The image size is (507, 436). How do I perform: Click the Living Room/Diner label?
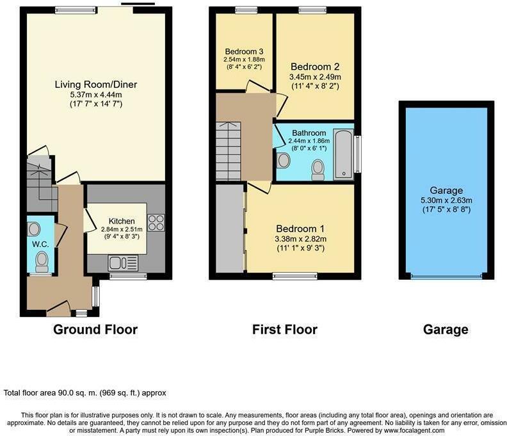coord(96,85)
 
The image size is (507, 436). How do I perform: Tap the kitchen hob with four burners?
coord(156,222)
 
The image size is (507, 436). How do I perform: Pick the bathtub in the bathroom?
coord(344,153)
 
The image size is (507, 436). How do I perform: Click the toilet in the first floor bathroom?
coord(316,168)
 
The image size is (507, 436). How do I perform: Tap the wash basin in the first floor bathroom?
coord(283,159)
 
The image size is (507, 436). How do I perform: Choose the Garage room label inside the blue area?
coord(446,190)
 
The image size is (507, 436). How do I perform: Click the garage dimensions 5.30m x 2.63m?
coord(446,200)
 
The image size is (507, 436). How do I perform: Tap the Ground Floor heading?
coord(95,330)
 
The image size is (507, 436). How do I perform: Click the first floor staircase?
coord(231,151)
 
